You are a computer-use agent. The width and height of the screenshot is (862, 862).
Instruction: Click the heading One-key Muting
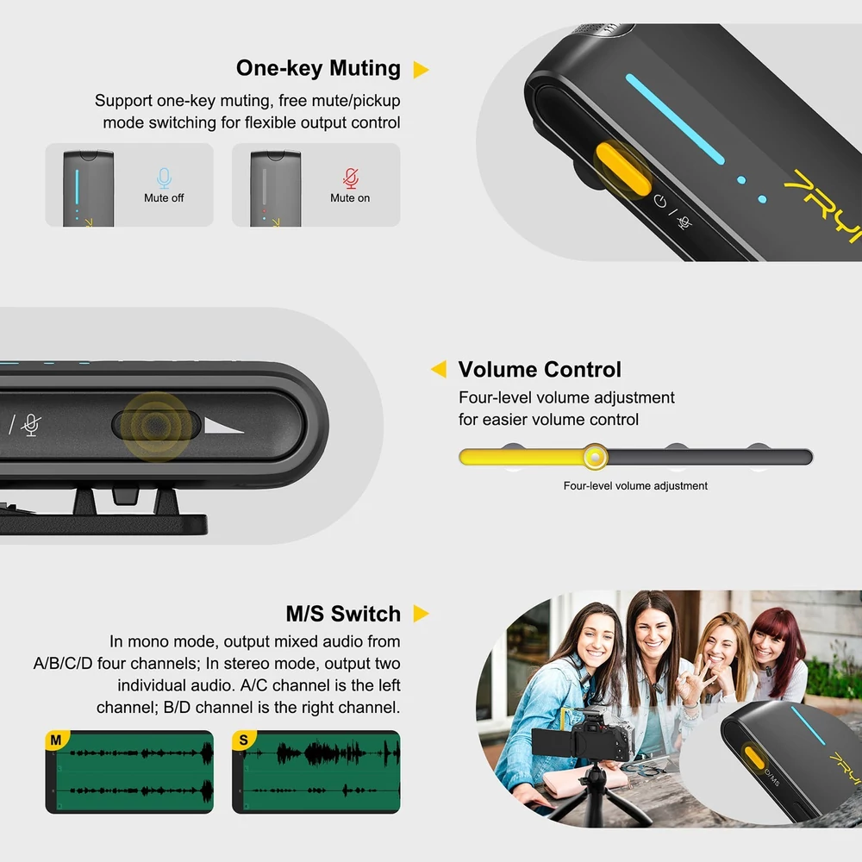[318, 68]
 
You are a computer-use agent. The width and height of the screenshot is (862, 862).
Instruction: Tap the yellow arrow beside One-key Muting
[420, 69]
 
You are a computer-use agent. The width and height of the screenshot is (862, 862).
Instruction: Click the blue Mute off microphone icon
[164, 178]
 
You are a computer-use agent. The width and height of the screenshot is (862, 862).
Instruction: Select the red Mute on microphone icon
[351, 178]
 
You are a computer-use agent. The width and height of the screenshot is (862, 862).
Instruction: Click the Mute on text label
[350, 198]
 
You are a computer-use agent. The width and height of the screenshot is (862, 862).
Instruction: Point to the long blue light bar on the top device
[675, 119]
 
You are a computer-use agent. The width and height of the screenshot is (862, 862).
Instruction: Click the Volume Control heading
[540, 370]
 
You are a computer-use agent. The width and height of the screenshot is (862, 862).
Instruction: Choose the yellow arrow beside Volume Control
[439, 369]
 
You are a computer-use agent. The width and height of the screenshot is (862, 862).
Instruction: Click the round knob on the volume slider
[595, 457]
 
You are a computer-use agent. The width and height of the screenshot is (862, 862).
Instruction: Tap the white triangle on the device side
[223, 426]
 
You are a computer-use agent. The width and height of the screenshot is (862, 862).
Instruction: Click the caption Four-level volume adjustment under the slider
[635, 486]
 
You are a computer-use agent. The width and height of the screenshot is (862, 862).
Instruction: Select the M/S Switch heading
[343, 614]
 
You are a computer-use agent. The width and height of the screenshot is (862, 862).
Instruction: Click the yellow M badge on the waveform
[56, 740]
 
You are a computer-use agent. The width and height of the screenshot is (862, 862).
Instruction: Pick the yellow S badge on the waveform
[244, 740]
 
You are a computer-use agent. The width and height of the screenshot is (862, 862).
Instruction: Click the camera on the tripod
[582, 738]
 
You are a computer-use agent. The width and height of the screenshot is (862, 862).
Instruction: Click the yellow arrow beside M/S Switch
[421, 614]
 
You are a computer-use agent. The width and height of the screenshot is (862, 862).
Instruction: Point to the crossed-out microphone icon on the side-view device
[31, 425]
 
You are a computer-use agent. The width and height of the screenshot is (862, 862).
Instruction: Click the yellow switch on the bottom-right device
[753, 758]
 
